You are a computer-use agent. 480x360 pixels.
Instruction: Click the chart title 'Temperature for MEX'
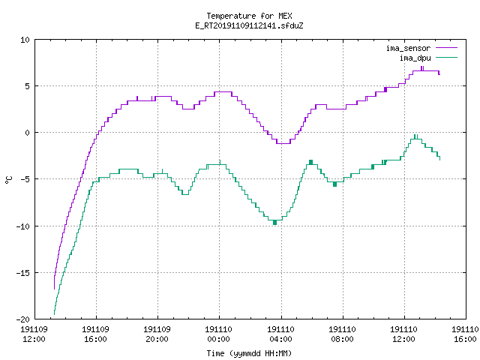click(249, 16)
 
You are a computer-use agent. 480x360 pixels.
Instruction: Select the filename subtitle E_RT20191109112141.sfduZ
click(249, 25)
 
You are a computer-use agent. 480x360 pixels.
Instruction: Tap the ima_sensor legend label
click(408, 48)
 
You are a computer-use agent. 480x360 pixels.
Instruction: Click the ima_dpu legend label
click(415, 58)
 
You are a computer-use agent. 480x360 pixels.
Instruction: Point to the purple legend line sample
click(447, 48)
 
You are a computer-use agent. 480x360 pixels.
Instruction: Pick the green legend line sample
click(447, 58)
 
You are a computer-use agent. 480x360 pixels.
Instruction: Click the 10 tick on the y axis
click(25, 40)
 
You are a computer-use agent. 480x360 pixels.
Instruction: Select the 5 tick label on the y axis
click(28, 86)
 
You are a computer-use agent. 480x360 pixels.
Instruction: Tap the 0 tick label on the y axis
click(28, 133)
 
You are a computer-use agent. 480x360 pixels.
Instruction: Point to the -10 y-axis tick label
click(23, 226)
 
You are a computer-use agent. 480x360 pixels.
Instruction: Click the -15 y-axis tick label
click(23, 273)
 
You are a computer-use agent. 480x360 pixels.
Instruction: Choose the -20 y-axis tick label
click(23, 319)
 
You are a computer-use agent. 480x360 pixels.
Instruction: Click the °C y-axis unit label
click(8, 180)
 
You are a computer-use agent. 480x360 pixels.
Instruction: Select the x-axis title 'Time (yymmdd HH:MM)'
click(249, 353)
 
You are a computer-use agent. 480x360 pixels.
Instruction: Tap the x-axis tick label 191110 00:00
click(218, 334)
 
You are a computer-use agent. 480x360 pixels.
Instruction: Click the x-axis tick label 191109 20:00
click(157, 334)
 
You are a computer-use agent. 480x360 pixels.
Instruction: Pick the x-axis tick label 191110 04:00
click(280, 334)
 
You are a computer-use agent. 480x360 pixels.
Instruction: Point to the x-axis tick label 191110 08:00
click(342, 334)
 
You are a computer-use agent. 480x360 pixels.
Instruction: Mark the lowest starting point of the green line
click(54, 314)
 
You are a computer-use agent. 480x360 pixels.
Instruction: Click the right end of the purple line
click(439, 74)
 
